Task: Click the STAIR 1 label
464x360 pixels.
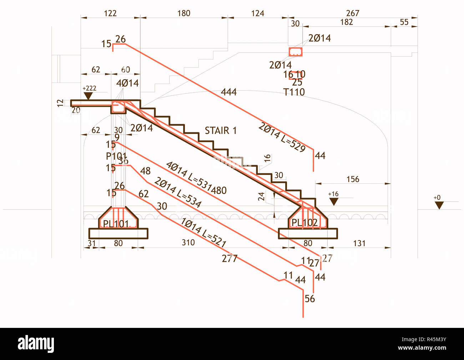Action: (221, 131)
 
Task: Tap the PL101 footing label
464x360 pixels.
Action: (116, 224)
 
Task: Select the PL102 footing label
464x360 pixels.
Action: (304, 223)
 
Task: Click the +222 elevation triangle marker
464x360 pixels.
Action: (88, 96)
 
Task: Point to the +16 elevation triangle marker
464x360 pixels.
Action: (334, 202)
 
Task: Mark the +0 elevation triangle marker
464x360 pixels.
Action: (439, 205)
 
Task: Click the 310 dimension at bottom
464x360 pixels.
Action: (188, 243)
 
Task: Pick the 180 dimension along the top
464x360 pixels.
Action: (184, 14)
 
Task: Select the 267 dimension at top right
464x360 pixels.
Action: (352, 13)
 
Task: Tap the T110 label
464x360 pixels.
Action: (294, 92)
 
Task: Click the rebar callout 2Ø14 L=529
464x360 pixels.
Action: (282, 137)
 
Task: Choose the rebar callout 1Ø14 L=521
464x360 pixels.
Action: (203, 233)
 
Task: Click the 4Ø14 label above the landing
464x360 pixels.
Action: (127, 83)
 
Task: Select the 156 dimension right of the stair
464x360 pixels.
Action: (353, 179)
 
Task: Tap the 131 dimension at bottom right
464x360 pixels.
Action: (359, 243)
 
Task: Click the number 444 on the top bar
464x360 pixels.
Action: (228, 92)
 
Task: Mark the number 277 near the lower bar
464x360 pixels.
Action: (229, 258)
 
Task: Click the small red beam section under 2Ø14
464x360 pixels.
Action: (296, 52)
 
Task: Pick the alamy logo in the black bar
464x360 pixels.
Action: (36, 344)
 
